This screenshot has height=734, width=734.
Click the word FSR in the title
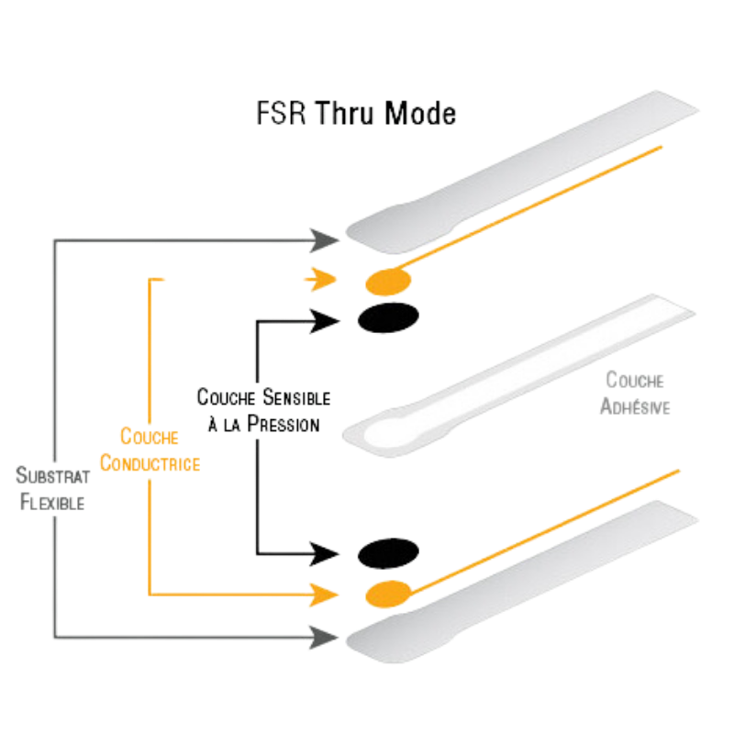pos(281,113)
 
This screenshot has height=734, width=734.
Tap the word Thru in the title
pos(344,113)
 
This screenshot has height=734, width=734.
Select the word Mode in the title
pos(420,113)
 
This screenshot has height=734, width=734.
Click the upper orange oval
pos(388,282)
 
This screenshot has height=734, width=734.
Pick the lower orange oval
pos(388,594)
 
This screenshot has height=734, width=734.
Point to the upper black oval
pos(388,317)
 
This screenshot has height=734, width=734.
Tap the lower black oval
pos(388,553)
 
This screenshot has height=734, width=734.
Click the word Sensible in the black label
pos(296,397)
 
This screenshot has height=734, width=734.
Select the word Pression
pos(284,424)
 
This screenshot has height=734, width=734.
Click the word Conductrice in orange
pos(150,463)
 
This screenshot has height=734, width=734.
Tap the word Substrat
pos(52,475)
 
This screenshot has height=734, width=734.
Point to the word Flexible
pos(52,502)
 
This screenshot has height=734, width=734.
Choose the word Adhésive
pos(635,406)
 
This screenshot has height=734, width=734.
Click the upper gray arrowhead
pos(324,240)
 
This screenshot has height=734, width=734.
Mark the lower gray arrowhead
pos(324,637)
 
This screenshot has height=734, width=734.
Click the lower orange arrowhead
pos(324,595)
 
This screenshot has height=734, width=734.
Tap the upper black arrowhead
pos(325,321)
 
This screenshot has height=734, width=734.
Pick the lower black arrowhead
pos(325,554)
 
